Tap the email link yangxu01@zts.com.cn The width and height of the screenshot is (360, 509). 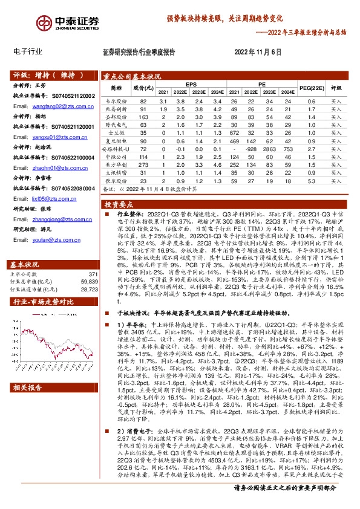tap(51, 137)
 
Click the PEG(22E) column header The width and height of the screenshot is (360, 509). tap(312, 88)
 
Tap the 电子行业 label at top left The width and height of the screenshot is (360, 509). tap(28, 52)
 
